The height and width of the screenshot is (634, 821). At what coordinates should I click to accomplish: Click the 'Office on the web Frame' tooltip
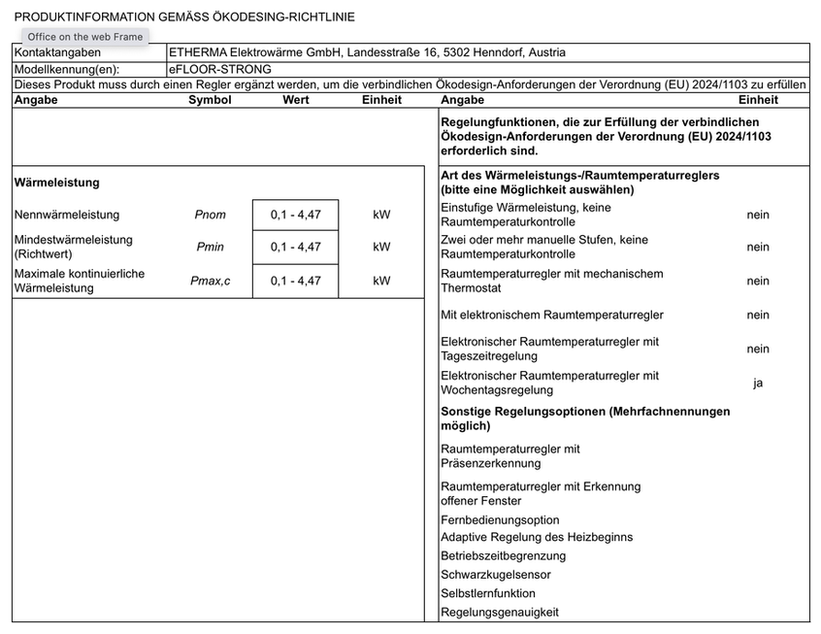point(85,37)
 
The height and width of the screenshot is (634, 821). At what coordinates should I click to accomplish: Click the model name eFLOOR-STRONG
point(220,69)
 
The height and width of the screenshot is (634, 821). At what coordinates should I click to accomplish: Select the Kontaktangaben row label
point(57,52)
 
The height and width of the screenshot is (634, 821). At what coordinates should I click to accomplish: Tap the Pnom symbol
point(210,215)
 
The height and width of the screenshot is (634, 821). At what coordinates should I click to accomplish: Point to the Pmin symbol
point(210,247)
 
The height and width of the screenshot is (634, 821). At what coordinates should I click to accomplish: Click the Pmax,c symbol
point(210,281)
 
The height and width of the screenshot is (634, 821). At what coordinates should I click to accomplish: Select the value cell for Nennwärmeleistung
point(295,215)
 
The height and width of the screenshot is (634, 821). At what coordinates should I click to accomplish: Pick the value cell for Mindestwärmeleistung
point(295,247)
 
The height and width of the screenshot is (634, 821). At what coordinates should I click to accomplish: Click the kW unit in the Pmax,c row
point(381,281)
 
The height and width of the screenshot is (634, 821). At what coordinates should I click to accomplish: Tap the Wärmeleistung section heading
point(57,183)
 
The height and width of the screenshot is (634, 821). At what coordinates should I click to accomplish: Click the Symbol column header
point(210,100)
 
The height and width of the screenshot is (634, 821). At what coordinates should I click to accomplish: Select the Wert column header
point(296,100)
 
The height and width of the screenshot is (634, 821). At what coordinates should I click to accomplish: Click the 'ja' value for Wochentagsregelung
point(758,383)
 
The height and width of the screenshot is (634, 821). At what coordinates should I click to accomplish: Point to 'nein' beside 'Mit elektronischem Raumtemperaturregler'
point(758,315)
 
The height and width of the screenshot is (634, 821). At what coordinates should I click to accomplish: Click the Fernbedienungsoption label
point(500,519)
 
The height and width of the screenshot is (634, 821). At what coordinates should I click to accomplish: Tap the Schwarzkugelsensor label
point(496,575)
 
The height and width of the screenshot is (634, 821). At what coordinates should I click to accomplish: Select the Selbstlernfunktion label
point(488,593)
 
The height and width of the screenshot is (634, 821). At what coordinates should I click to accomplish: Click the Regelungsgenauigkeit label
point(500,612)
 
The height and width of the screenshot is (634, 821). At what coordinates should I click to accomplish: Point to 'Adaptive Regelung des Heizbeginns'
point(537,537)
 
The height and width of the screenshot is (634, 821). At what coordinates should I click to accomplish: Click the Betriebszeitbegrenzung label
point(503,556)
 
